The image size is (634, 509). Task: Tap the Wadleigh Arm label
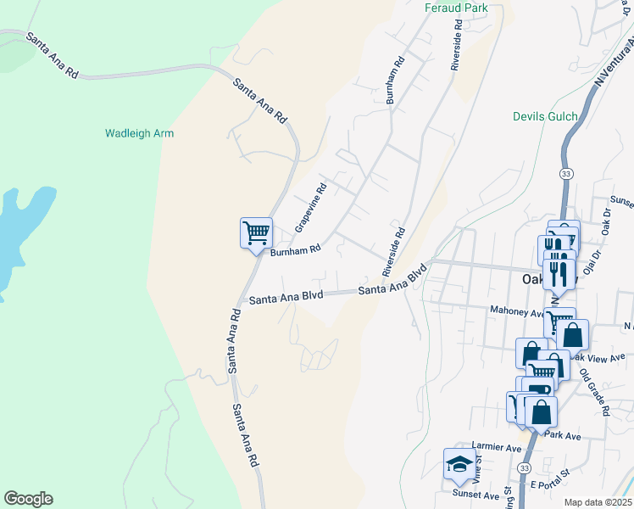click(x=140, y=133)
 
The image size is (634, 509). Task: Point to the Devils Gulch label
click(x=545, y=116)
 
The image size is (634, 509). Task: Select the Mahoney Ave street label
click(x=516, y=312)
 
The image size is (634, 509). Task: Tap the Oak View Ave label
click(x=600, y=358)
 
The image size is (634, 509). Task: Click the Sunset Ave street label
click(x=475, y=495)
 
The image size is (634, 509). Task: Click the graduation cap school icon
click(x=459, y=463)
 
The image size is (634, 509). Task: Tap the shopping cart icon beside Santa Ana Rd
click(x=255, y=231)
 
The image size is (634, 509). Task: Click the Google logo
click(x=28, y=499)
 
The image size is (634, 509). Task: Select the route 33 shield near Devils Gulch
click(x=565, y=173)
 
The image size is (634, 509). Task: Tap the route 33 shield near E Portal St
click(x=526, y=468)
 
